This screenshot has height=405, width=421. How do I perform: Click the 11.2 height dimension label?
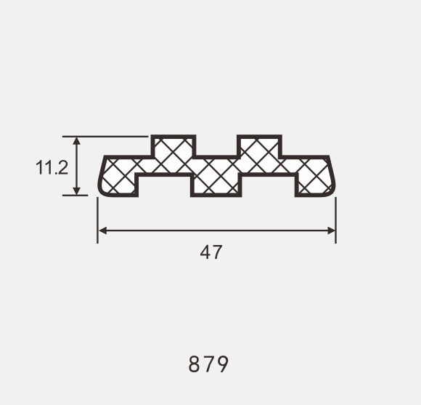52,168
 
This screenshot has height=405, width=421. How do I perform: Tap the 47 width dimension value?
210,253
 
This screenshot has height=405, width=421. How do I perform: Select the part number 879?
209,364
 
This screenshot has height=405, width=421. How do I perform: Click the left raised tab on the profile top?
173,146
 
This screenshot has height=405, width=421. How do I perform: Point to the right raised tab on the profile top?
259,146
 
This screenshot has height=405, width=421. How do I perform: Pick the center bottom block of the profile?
216,184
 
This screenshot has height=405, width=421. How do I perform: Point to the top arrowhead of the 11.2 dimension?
76,140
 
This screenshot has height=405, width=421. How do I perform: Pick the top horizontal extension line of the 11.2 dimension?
109,136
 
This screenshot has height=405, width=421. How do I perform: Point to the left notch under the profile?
165,186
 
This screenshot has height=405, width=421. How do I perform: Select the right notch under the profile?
268,186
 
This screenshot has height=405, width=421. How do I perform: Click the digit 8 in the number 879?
195,364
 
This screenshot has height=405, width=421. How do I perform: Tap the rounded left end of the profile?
102,176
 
